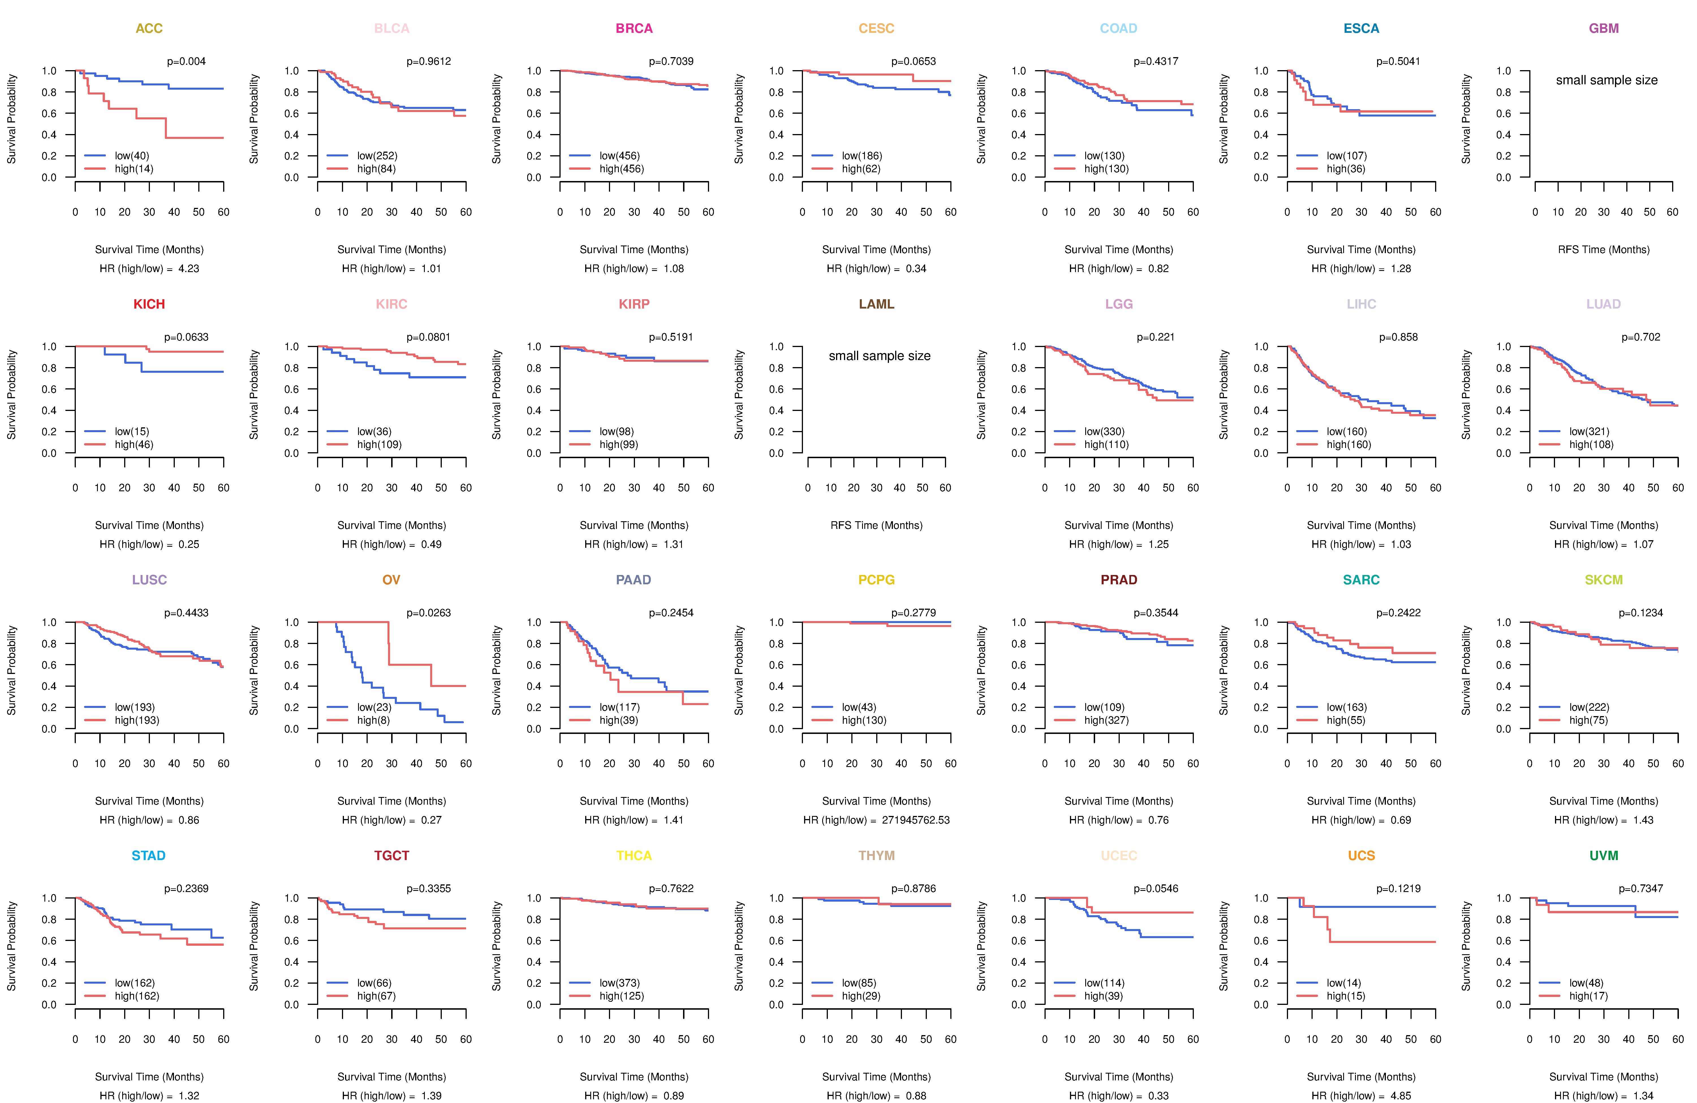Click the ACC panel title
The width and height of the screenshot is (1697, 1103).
[x=149, y=29]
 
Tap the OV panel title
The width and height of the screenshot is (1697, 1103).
[x=391, y=580]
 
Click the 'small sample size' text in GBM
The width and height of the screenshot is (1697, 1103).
[x=1606, y=80]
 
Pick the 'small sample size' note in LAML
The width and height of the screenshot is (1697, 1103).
[x=879, y=356]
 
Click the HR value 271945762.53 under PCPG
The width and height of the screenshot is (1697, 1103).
[x=916, y=820]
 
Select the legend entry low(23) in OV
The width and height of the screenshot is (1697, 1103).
[x=374, y=707]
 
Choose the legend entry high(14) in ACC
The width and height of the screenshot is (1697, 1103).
[x=134, y=169]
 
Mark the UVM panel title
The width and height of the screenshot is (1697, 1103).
[x=1604, y=856]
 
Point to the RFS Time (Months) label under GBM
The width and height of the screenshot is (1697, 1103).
[x=1604, y=249]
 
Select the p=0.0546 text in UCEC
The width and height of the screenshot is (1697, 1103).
[x=1156, y=888]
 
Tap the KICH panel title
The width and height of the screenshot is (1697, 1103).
[x=149, y=304]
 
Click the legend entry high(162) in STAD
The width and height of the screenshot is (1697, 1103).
[x=137, y=996]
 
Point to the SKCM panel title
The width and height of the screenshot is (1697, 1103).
[x=1604, y=580]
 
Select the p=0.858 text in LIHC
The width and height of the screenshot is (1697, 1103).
[x=1398, y=337]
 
